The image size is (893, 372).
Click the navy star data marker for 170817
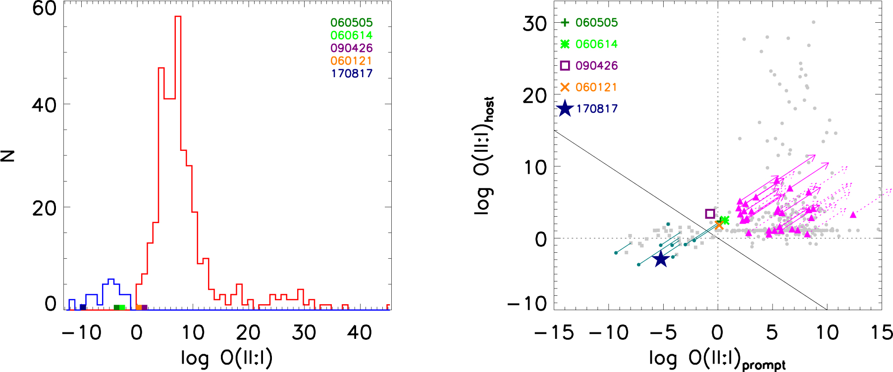661,258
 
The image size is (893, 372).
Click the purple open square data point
710,214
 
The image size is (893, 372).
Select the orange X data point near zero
719,225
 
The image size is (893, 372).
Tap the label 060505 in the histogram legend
351,23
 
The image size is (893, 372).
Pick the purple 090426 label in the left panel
351,48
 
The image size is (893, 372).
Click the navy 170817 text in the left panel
351,74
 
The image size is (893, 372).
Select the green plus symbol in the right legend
565,22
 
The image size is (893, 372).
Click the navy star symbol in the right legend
565,109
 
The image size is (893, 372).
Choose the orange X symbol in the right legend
565,87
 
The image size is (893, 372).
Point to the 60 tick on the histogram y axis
44,8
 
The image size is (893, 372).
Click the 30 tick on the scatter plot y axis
534,23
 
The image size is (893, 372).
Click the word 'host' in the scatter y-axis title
489,109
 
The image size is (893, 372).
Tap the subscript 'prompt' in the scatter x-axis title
764,366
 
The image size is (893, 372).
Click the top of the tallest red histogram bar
178,17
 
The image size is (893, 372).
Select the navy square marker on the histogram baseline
83,307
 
